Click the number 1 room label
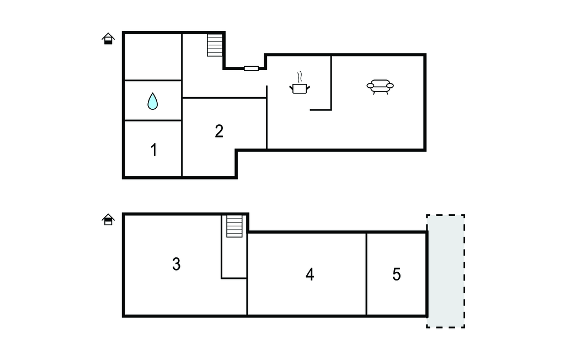pyautogui.click(x=154, y=150)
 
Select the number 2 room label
pyautogui.click(x=219, y=131)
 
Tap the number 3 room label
pyautogui.click(x=176, y=264)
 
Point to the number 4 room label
pyautogui.click(x=310, y=274)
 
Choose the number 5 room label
pyautogui.click(x=396, y=274)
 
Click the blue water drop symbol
pyautogui.click(x=153, y=101)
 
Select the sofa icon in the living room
pyautogui.click(x=380, y=87)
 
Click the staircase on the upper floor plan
pyautogui.click(x=215, y=45)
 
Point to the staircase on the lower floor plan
pyautogui.click(x=234, y=226)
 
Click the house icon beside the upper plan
pyautogui.click(x=108, y=39)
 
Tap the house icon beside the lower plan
pyautogui.click(x=108, y=219)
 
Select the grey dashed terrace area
pyautogui.click(x=446, y=271)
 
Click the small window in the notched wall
pyautogui.click(x=252, y=68)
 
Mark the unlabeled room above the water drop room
pyautogui.click(x=153, y=57)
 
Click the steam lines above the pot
pyautogui.click(x=300, y=77)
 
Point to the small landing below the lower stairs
pyautogui.click(x=234, y=257)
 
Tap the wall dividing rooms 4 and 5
pyautogui.click(x=366, y=274)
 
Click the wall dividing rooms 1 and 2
pyautogui.click(x=182, y=149)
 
